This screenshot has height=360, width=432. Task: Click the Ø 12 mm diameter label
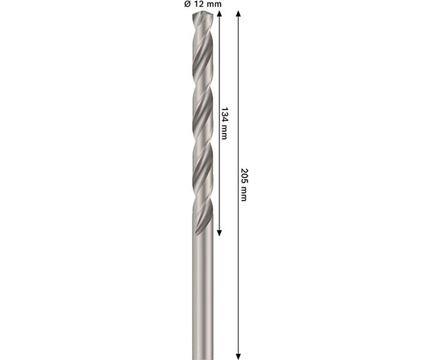click(203, 4)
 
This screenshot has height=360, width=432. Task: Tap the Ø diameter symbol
click(187, 4)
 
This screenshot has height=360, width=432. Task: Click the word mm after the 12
click(213, 5)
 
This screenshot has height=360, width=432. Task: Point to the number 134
click(224, 114)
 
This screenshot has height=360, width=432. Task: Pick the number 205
click(244, 175)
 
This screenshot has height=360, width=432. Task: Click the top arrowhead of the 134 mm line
click(219, 14)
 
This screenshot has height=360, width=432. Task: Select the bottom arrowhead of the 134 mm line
click(219, 233)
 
